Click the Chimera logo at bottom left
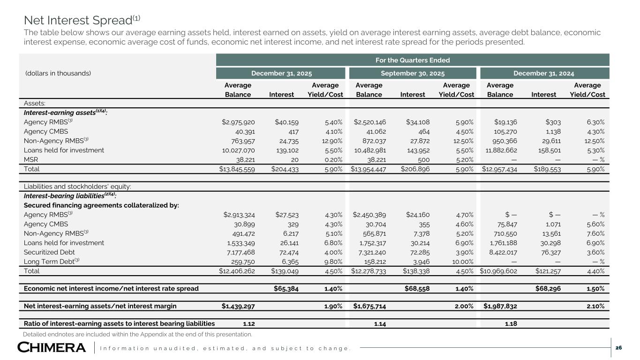tap(52, 348)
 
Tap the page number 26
tap(618, 348)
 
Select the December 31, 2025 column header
tap(282, 73)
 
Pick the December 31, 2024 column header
tap(543, 73)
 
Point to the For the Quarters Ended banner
tap(413, 60)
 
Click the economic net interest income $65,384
tap(284, 288)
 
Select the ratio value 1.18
tap(511, 323)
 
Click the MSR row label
tap(31, 160)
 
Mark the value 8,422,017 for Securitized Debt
tap(500, 252)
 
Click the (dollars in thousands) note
tap(57, 73)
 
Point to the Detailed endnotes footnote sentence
tap(137, 334)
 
